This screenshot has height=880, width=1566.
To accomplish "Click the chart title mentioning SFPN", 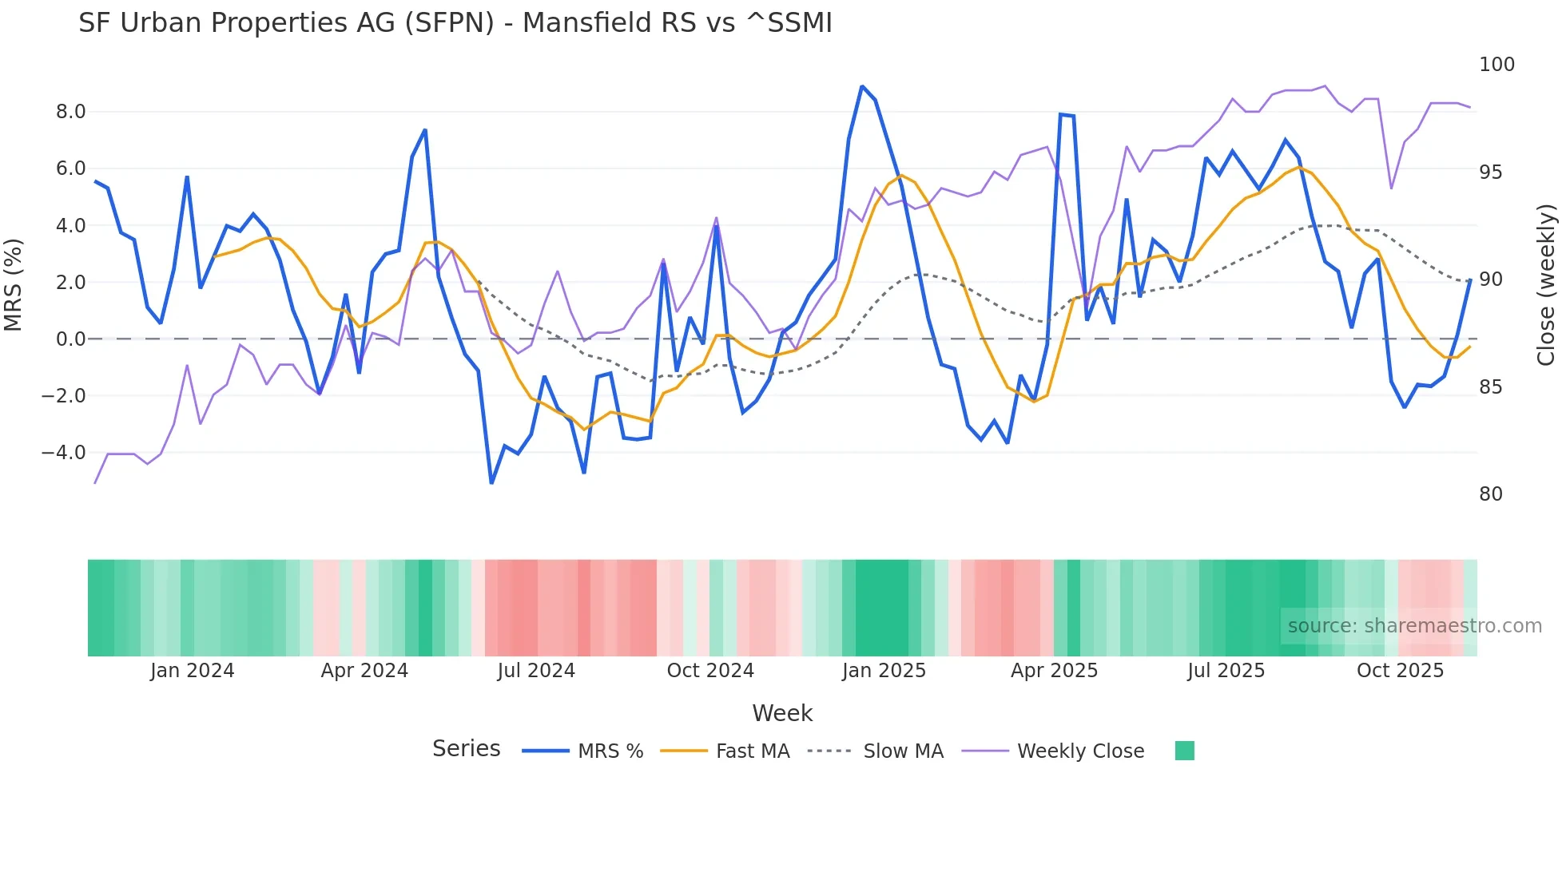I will pyautogui.click(x=455, y=23).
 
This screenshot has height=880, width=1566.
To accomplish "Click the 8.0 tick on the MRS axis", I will pyautogui.click(x=70, y=112).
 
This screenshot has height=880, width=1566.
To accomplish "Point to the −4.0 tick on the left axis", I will pyautogui.click(x=64, y=453).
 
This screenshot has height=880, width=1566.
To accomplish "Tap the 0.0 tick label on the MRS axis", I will pyautogui.click(x=70, y=339).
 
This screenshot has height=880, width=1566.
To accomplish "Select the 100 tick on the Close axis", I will pyautogui.click(x=1496, y=65).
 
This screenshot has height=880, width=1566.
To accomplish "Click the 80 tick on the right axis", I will pyautogui.click(x=1490, y=494).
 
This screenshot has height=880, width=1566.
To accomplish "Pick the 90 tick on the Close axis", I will pyautogui.click(x=1490, y=279).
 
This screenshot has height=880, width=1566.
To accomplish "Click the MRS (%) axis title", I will pyautogui.click(x=14, y=284).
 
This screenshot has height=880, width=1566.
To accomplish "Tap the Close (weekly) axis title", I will pyautogui.click(x=1547, y=284).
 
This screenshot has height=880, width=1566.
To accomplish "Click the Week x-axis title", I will pyautogui.click(x=782, y=713).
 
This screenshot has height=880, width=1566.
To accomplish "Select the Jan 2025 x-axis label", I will pyautogui.click(x=884, y=671).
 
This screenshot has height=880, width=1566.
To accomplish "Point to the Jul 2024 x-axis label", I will pyautogui.click(x=536, y=671).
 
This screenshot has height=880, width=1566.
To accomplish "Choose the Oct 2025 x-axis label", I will pyautogui.click(x=1400, y=671).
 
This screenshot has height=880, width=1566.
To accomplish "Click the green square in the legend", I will pyautogui.click(x=1185, y=751).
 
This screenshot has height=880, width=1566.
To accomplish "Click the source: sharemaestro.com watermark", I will pyautogui.click(x=1414, y=626).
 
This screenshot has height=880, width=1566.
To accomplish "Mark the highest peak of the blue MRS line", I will pyautogui.click(x=862, y=86).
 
